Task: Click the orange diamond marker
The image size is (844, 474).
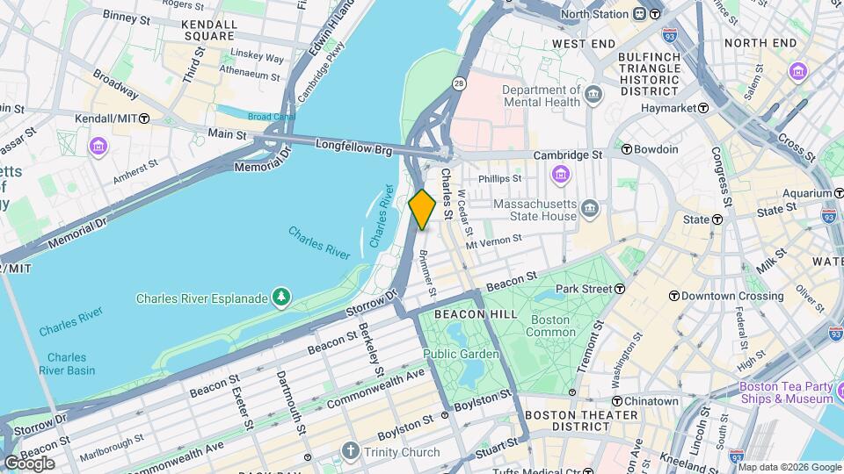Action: point(422,210)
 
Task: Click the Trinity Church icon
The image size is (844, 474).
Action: point(351,452)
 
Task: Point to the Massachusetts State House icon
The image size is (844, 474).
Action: point(590,210)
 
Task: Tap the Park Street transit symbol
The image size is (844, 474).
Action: point(620,288)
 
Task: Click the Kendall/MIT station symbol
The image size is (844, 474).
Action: point(144,118)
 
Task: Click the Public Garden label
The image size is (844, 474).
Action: point(461,354)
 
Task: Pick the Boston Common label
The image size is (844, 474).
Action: point(549,326)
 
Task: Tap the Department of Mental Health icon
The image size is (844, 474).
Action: point(593,93)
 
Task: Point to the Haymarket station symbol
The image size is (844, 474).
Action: point(703,108)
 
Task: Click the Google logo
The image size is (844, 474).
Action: point(29,463)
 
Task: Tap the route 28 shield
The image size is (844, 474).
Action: point(459,83)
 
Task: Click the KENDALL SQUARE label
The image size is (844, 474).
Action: point(208,31)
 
